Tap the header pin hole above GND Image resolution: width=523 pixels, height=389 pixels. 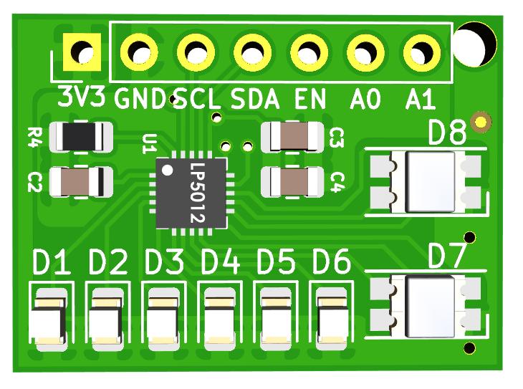pyautogui.click(x=139, y=52)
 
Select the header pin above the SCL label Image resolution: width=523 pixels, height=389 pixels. pyautogui.click(x=196, y=52)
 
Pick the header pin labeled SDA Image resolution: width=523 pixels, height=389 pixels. pyautogui.click(x=252, y=52)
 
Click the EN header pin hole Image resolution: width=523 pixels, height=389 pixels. pyautogui.click(x=309, y=52)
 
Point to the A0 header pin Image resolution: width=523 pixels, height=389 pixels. pyautogui.click(x=365, y=52)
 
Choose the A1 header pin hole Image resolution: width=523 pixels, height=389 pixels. pyautogui.click(x=422, y=52)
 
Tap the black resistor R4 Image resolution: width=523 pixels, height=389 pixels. pyautogui.click(x=80, y=136)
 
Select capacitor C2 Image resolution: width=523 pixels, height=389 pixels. pyautogui.click(x=80, y=182)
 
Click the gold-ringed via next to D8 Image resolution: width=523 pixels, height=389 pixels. pyautogui.click(x=481, y=121)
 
